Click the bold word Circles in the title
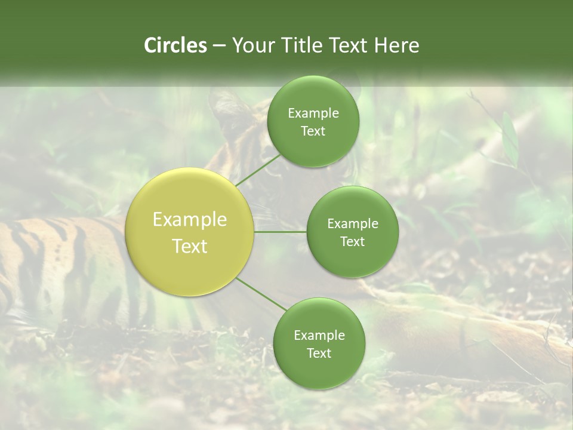pos(175,45)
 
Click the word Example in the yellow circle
pos(190,220)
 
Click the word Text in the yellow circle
pos(190,246)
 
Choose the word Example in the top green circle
pos(313,113)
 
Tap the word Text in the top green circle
pos(313,131)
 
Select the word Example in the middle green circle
pos(353,224)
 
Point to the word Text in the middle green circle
pos(352,242)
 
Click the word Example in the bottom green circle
pos(319,336)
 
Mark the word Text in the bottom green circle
pos(319,354)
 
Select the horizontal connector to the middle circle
pos(280,232)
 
